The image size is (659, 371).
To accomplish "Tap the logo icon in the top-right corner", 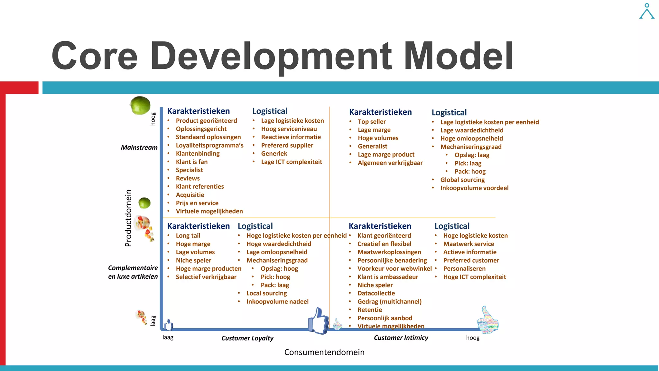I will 646,11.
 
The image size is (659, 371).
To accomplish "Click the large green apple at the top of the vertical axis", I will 140,105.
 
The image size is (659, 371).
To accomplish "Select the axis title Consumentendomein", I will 324,352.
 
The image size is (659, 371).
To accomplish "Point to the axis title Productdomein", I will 128,218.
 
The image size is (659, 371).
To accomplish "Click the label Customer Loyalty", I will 247,338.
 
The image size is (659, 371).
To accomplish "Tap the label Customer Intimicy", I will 401,338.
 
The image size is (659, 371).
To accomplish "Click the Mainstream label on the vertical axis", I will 139,148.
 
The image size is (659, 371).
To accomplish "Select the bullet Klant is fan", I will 191,162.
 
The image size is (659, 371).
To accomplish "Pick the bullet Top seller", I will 372,122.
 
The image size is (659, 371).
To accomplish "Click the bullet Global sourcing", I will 462,180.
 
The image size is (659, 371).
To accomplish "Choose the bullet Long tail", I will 188,236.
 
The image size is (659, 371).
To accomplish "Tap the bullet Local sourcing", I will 266,294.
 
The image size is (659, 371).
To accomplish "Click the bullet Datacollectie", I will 376,294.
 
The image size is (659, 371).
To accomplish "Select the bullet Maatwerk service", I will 469,244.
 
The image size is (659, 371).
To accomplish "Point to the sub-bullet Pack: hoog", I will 470,172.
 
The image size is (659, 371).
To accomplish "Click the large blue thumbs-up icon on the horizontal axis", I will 318,321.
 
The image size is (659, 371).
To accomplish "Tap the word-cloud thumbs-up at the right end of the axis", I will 488,320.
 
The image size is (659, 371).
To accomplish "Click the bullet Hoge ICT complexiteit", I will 474,277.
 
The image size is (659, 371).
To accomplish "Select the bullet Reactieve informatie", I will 291,137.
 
